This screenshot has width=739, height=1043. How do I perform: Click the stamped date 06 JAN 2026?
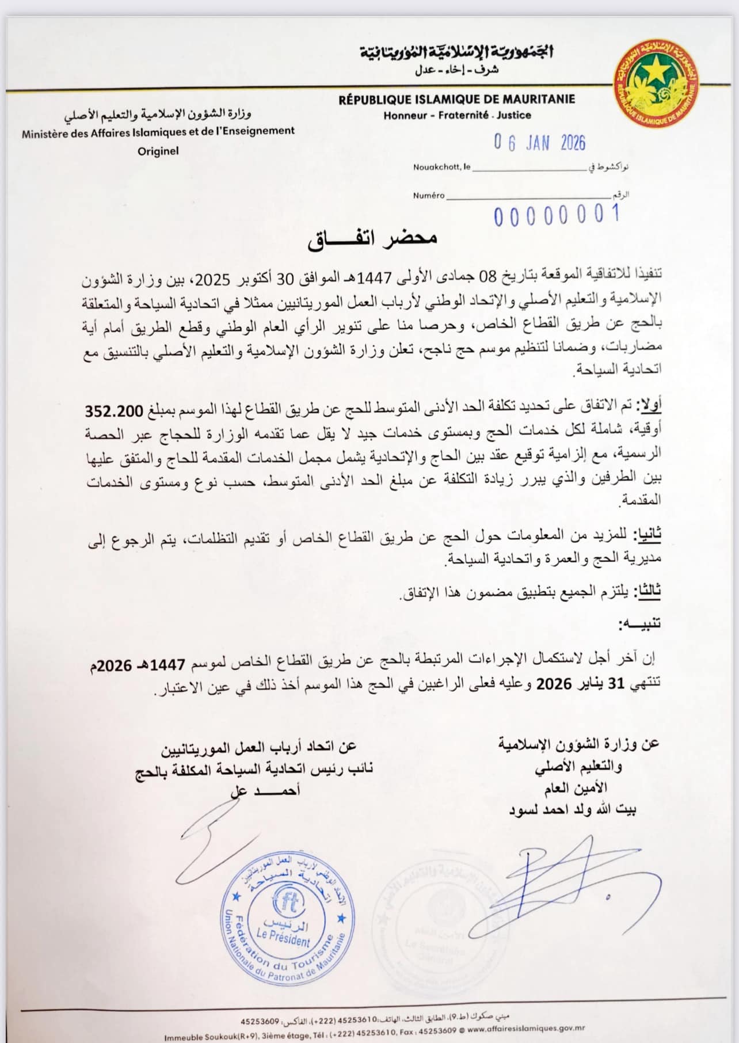[x=539, y=143]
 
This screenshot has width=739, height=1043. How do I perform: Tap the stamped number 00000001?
[x=556, y=215]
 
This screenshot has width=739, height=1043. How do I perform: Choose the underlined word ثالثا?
[x=648, y=591]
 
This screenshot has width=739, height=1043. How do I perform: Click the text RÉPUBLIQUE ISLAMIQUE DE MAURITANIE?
[x=456, y=100]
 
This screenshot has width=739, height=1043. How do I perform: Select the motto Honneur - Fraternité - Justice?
[x=457, y=115]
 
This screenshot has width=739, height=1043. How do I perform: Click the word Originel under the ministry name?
[x=158, y=151]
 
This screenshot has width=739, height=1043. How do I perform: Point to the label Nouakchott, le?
[x=441, y=168]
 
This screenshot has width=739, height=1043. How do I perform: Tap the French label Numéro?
[x=429, y=195]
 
